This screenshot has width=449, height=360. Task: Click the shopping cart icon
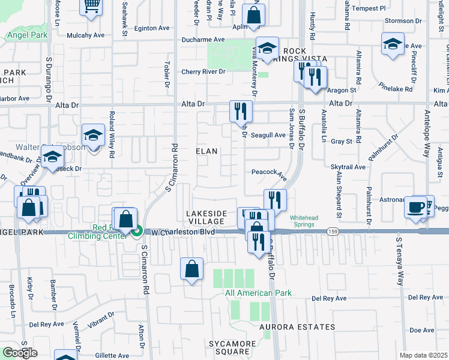[91, 6]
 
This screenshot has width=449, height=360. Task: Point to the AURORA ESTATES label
[298, 327]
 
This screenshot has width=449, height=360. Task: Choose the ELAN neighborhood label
[206, 152]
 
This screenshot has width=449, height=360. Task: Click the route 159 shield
[331, 230]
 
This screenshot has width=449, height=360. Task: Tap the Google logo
[20, 353]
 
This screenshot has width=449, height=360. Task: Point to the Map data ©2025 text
[423, 355]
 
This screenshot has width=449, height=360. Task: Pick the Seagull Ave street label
[268, 135]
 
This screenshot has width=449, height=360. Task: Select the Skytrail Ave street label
[348, 167]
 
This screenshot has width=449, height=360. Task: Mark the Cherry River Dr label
[203, 72]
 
